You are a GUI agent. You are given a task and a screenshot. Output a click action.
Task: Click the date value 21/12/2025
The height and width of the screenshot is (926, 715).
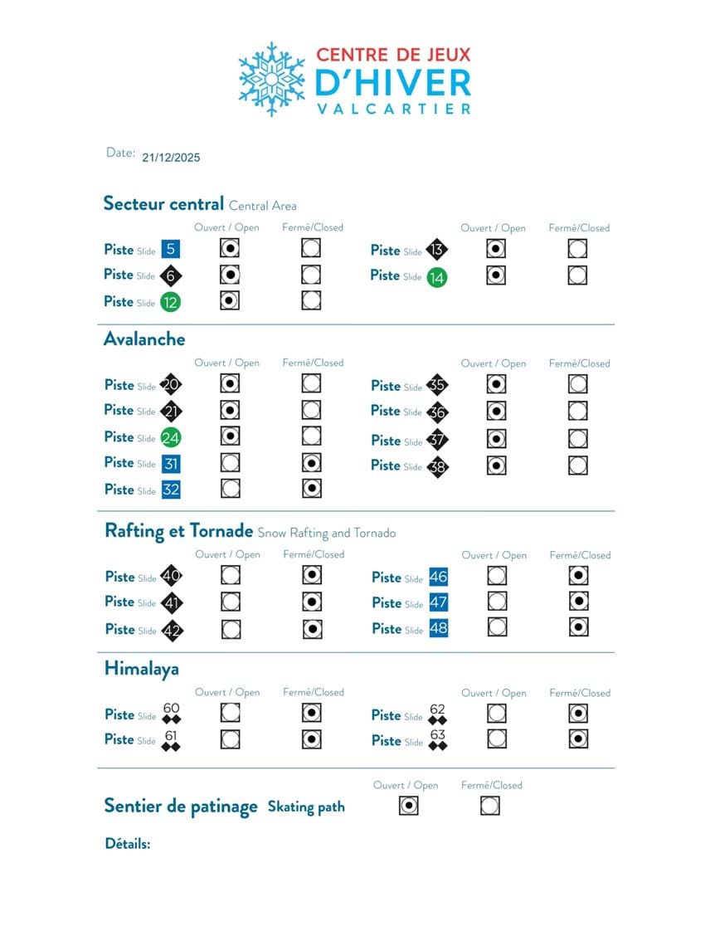(171, 157)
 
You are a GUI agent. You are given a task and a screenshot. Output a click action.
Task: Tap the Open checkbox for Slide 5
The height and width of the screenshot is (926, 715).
(231, 248)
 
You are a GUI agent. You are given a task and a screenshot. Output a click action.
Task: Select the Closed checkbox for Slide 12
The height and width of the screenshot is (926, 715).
(311, 300)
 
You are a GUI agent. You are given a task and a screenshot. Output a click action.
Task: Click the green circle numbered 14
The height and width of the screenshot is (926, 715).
(436, 278)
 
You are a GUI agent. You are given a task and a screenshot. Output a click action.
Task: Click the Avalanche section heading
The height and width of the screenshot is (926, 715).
(144, 339)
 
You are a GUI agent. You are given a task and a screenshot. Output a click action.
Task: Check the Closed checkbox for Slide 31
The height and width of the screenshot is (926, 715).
(311, 462)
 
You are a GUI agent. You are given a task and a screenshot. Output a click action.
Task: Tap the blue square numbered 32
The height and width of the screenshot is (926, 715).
(171, 490)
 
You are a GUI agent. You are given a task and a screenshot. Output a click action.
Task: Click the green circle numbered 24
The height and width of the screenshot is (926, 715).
(171, 437)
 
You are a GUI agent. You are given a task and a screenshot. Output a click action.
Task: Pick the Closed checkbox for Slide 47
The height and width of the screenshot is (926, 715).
(578, 602)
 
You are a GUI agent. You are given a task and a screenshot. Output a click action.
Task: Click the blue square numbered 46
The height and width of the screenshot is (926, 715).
(438, 578)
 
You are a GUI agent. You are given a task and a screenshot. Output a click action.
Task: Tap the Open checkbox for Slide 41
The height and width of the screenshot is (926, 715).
(231, 602)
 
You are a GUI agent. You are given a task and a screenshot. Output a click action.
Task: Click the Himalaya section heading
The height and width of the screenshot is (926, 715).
(142, 669)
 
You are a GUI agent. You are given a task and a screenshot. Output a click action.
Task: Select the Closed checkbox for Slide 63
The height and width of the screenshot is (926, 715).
(578, 738)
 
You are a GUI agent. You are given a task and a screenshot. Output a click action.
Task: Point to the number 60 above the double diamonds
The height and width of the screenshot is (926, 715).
(172, 709)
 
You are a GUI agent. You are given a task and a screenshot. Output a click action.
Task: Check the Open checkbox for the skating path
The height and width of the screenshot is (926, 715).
(408, 805)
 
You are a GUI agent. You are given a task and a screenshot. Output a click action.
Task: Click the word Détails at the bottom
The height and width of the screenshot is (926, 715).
(128, 844)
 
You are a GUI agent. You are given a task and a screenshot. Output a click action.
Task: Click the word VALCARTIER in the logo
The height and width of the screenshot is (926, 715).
(393, 109)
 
